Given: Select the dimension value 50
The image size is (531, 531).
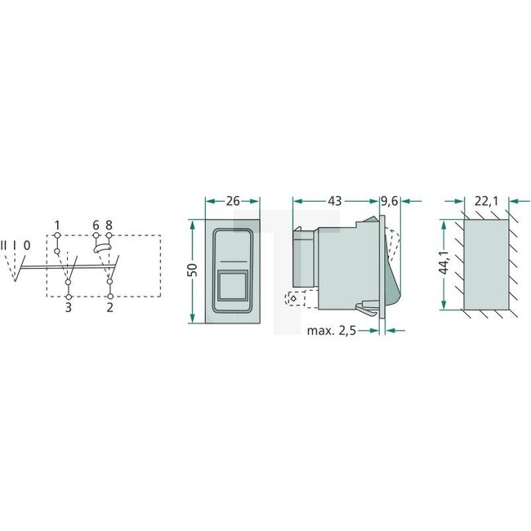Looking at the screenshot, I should point(193,270).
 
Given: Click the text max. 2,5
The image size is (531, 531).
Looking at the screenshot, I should point(336,331).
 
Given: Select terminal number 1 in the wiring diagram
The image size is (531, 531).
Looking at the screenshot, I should point(57,225).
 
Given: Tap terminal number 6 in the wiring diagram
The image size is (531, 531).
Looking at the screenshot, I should point(96,225).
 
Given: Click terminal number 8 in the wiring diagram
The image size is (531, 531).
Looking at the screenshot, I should point(109,225).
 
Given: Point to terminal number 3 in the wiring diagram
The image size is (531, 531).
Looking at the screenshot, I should point(69,308).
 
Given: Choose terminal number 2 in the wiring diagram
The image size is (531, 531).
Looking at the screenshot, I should point(109,308).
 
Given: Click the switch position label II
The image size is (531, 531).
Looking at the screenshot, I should point(5,244).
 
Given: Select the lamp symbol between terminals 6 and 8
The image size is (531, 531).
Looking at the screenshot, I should point(102,244).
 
